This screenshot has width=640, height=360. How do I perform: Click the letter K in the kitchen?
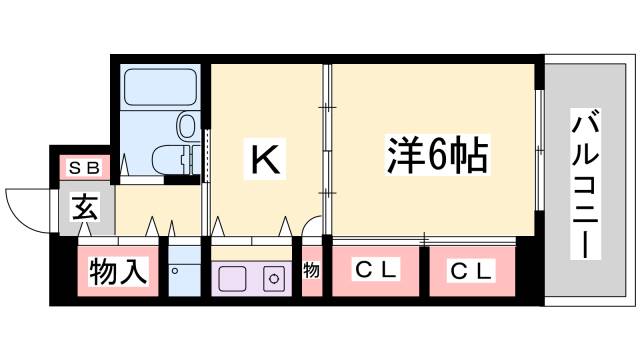pos(263,159)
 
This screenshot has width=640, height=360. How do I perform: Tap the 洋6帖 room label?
pos(437,156)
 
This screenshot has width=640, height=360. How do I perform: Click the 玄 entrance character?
pos(84,210)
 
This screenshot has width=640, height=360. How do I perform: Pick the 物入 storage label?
pos(118,270)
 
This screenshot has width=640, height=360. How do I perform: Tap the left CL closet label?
pos(377,270)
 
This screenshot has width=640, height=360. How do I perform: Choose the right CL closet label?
pos(470,270)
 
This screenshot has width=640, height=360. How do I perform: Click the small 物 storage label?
pos(312,270)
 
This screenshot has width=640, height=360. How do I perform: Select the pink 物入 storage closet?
pos(118,270)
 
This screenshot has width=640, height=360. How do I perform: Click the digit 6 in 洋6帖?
pos(437,156)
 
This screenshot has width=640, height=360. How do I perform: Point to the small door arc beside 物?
pos(311,231)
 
